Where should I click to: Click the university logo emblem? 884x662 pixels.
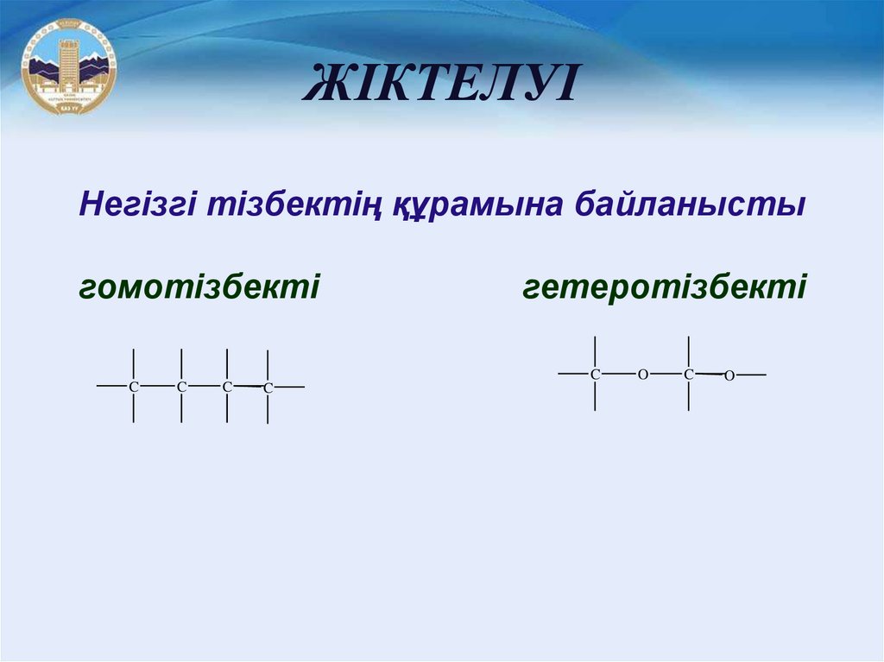69,66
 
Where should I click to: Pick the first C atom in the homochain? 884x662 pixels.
134,387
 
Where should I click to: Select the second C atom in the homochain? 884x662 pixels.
181,387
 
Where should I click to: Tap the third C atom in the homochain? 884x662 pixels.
227,387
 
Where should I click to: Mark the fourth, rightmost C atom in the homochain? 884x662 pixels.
268,388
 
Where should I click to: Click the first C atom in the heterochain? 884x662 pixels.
595,375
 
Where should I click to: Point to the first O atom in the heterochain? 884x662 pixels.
642,375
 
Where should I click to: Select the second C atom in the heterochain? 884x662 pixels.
688,375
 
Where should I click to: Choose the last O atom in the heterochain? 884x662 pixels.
729,375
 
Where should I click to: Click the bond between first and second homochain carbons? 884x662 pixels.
157,386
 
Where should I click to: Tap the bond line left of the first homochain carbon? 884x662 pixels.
112,386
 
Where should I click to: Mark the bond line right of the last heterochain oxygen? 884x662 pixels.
751,375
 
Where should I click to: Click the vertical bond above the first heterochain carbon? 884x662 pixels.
595,351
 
